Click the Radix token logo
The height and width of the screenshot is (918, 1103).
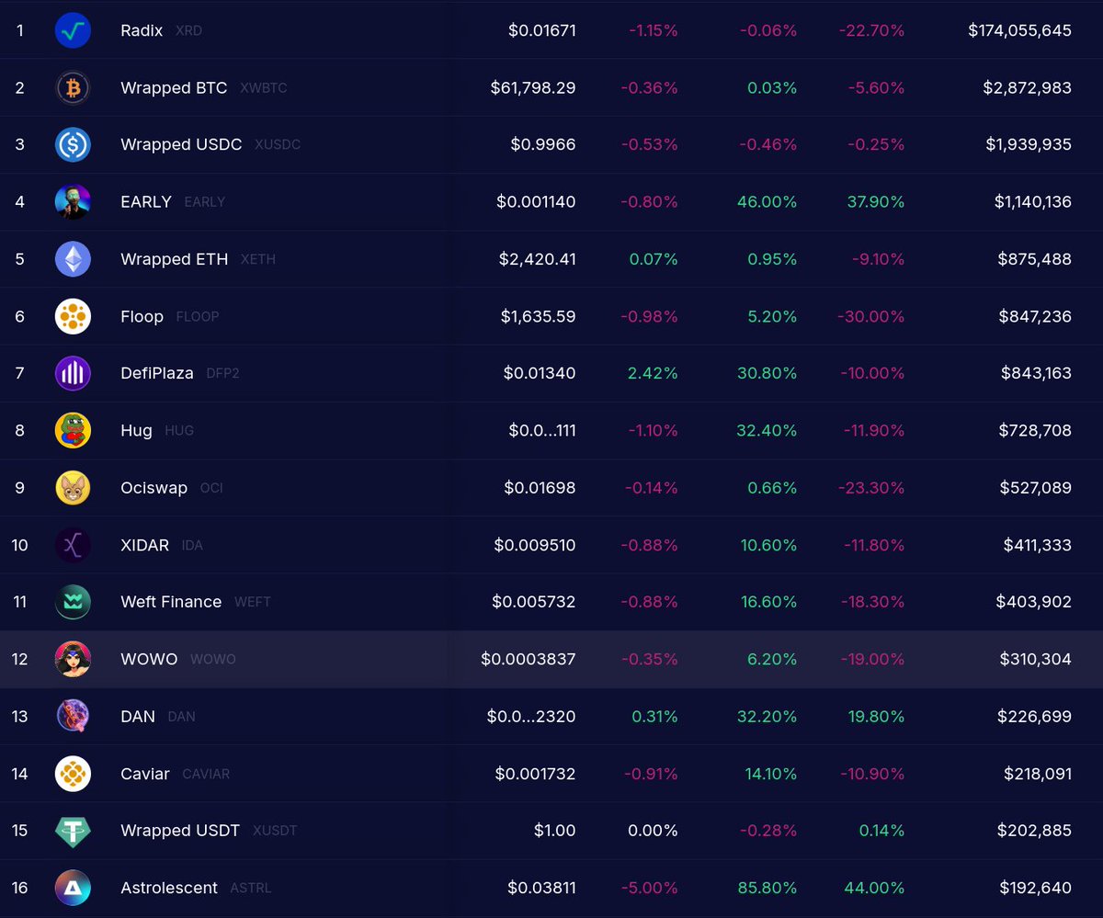pos(73,30)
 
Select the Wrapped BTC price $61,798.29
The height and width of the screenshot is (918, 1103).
pos(533,88)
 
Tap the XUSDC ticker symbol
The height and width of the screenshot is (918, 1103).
pos(277,145)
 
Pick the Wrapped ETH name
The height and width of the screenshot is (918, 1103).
pos(174,259)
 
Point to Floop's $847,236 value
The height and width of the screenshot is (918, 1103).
pos(1034,316)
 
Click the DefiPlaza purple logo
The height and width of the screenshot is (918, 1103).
pos(73,373)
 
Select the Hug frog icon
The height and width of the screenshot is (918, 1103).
pos(73,430)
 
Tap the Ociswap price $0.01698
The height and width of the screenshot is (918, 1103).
pos(540,488)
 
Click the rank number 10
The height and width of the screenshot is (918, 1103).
pos(20,545)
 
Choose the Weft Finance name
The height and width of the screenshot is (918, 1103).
pos(171,602)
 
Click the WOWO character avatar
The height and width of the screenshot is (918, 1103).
pos(73,659)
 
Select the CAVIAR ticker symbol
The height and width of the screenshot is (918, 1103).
pos(206,774)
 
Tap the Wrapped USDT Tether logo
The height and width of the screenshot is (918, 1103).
pos(73,831)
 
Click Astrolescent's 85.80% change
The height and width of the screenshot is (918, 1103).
pos(765,888)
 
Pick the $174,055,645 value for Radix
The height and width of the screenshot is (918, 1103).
pos(1019,30)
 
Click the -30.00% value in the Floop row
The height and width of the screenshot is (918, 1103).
pos(871,316)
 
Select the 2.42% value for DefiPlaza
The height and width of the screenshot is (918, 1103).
pos(653,373)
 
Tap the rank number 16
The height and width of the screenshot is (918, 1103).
pos(20,888)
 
